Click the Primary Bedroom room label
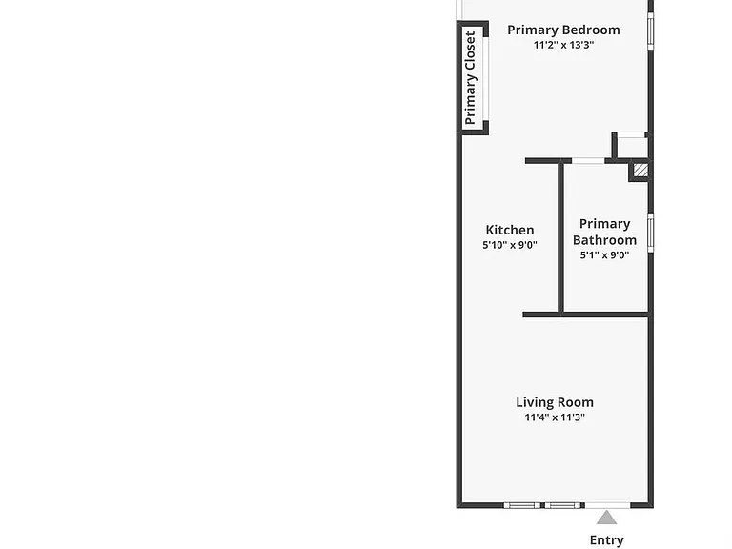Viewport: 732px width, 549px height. point(563,30)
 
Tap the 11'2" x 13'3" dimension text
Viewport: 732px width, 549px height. point(564,45)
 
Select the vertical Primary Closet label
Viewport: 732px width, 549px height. point(470,78)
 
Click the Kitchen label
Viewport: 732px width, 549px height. point(510,230)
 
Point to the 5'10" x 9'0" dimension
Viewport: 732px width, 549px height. point(510,245)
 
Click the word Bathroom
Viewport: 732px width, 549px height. point(604,240)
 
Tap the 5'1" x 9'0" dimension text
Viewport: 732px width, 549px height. point(604,254)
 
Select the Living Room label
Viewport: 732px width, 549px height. point(555,402)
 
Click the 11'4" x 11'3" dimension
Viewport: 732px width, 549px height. point(555,417)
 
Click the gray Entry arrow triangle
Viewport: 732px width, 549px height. point(606,518)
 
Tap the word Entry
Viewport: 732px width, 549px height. point(606,540)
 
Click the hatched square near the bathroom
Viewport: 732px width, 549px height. point(640,170)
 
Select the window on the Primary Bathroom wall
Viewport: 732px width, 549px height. point(650,233)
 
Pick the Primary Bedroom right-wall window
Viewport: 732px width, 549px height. point(650,30)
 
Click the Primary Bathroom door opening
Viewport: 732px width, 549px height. point(588,160)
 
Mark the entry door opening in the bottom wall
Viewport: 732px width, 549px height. point(607,505)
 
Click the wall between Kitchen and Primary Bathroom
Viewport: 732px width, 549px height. point(561,238)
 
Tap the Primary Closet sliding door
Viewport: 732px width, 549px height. point(486,78)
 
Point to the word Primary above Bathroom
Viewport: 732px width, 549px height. point(604,224)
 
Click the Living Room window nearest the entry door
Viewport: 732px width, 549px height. point(562,505)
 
